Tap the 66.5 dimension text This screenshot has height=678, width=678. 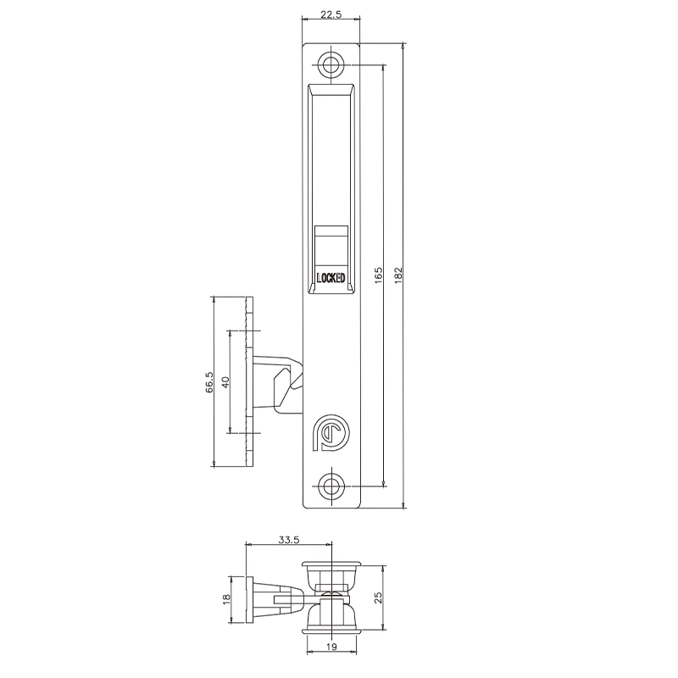208,381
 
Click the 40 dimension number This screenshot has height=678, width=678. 225,381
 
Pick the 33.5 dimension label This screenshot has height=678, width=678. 288,539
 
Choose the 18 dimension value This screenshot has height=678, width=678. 227,598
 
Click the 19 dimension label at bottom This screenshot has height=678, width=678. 331,648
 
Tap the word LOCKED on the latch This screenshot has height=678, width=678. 331,277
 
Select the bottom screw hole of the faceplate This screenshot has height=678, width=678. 331,486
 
